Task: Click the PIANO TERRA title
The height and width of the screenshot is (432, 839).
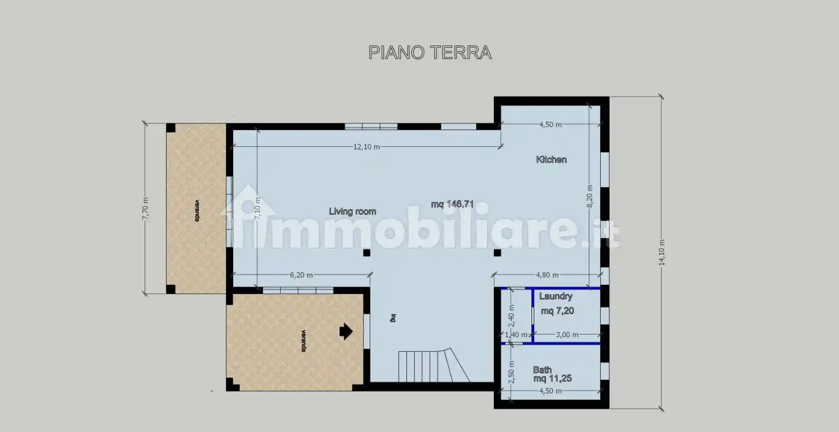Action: (x=429, y=52)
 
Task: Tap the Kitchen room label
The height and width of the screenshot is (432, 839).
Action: (x=551, y=160)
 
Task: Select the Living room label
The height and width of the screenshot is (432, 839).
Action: (x=352, y=212)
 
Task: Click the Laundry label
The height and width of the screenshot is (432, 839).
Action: (x=555, y=296)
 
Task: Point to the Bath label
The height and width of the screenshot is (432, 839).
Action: (x=542, y=370)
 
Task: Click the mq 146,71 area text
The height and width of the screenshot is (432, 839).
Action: (x=452, y=204)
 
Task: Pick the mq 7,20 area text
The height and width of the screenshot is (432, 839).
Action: (x=557, y=311)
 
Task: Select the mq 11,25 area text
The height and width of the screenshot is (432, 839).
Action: (x=552, y=379)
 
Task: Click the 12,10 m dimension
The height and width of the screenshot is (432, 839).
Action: (x=367, y=147)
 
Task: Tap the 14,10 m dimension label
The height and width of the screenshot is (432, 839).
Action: (x=662, y=253)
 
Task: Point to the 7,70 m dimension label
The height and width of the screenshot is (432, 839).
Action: (x=145, y=208)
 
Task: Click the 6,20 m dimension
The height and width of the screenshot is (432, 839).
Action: (x=301, y=275)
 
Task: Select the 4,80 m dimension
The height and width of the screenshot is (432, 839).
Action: (x=547, y=275)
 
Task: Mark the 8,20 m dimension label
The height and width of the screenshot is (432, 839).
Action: (x=589, y=196)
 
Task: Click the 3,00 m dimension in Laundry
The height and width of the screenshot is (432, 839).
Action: (x=567, y=335)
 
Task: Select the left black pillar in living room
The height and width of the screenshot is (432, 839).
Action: (x=367, y=253)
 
